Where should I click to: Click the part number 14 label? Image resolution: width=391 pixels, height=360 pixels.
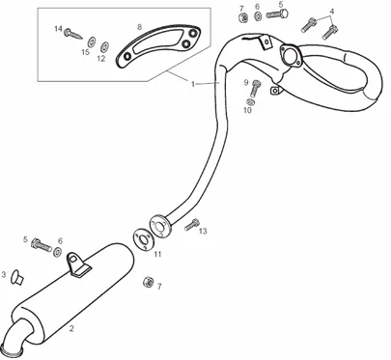(x=58, y=29)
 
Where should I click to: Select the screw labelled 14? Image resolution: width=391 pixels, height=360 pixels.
(x=73, y=34)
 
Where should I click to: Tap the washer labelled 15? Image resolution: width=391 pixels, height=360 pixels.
(x=92, y=42)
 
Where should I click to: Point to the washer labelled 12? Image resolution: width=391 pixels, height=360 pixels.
(x=104, y=47)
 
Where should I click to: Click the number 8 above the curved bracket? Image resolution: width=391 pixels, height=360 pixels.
(x=139, y=27)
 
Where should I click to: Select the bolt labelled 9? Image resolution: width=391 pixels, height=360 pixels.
(x=256, y=88)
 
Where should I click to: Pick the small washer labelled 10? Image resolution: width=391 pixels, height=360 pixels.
(x=250, y=102)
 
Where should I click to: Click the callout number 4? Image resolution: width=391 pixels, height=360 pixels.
(x=332, y=12)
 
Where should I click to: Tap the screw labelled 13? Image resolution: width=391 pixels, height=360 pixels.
(x=192, y=224)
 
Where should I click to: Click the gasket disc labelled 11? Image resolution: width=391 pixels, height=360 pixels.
(x=142, y=239)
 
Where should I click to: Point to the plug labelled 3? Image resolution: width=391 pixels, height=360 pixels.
(x=16, y=277)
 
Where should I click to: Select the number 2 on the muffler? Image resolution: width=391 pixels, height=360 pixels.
(x=71, y=328)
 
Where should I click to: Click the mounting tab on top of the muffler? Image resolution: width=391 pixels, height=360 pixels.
(x=77, y=263)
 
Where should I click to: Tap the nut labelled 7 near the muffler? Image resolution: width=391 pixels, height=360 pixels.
(x=148, y=282)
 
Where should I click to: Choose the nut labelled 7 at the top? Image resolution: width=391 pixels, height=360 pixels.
(x=243, y=17)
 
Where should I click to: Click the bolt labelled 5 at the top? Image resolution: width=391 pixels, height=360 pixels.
(x=277, y=14)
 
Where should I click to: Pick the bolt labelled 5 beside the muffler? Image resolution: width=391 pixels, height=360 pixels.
(x=42, y=245)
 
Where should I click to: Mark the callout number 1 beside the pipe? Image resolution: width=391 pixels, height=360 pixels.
(x=193, y=84)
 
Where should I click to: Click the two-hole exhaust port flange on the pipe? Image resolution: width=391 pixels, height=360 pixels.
(x=291, y=55)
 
